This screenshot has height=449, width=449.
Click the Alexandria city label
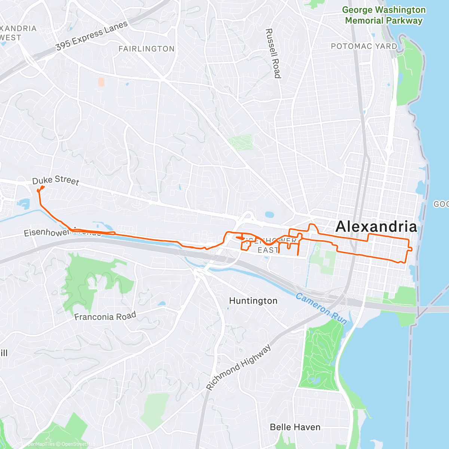click(376, 227)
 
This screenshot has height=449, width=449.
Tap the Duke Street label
click(56, 180)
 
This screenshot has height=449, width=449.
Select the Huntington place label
click(253, 301)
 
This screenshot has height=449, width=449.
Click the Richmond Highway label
click(239, 368)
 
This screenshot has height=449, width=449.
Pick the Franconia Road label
click(105, 317)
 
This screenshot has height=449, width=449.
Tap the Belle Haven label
click(295, 427)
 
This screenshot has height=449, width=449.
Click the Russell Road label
click(273, 53)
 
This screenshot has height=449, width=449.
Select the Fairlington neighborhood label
click(146, 49)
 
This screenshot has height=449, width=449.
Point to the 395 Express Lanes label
click(92, 36)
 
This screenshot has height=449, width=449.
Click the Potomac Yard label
click(364, 46)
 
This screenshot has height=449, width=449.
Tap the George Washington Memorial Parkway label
click(384, 15)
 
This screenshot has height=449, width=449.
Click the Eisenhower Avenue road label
click(49, 232)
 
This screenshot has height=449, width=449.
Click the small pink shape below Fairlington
click(101, 82)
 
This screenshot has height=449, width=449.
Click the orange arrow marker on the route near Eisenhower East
click(240, 238)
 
